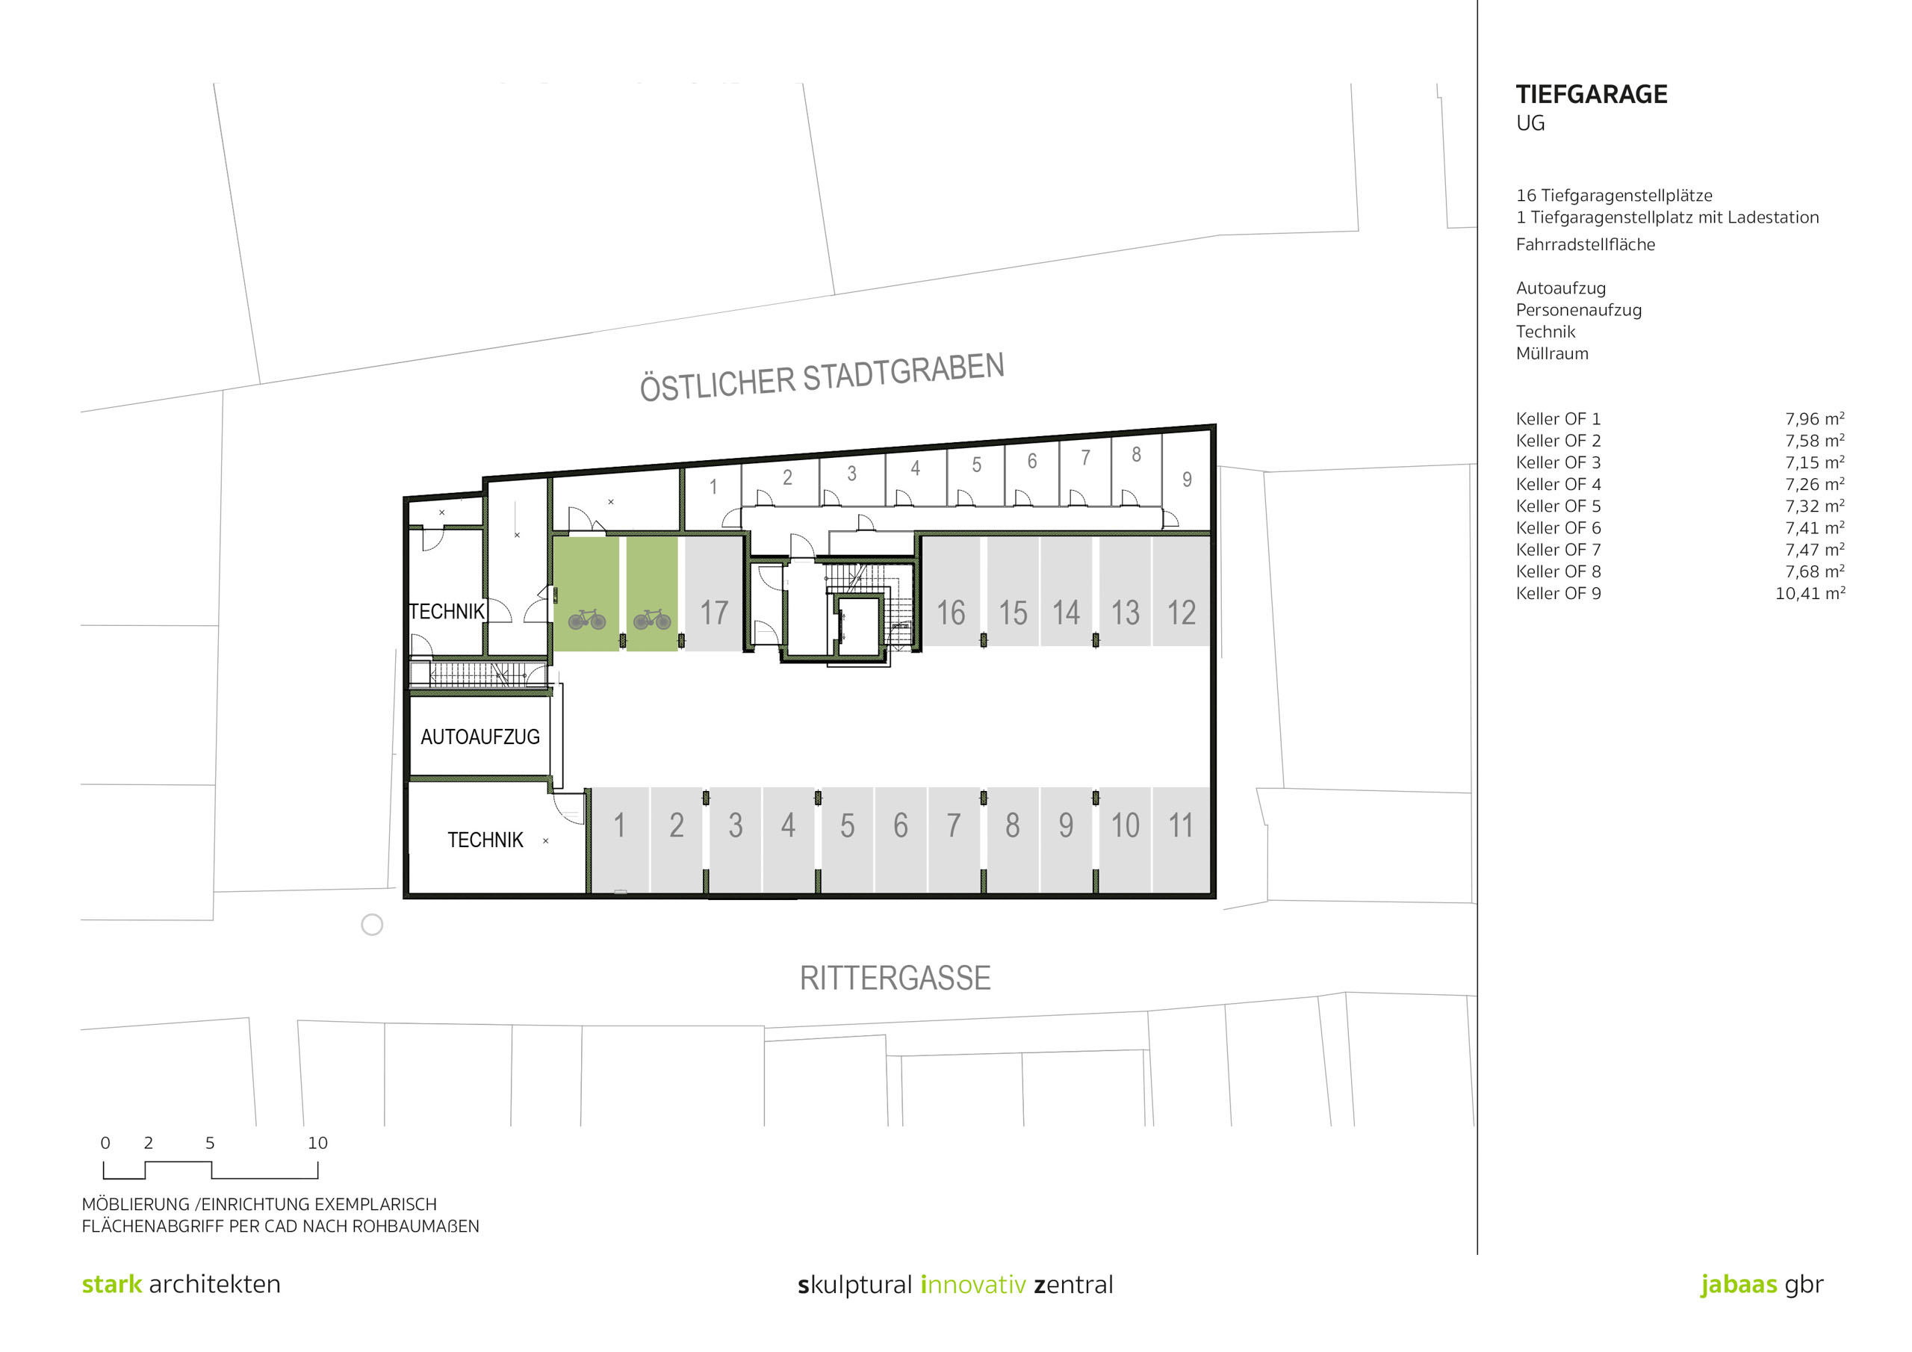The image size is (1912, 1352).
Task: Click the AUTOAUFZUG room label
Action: (x=479, y=737)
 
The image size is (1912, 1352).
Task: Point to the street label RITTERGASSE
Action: (x=896, y=978)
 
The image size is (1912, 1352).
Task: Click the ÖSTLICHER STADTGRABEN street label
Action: (x=822, y=377)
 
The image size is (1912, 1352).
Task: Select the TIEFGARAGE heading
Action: (x=1592, y=95)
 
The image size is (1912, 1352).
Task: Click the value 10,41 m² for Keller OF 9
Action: (x=1810, y=594)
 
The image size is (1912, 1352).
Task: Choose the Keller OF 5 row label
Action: (x=1558, y=506)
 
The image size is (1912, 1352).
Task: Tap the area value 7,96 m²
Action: (x=1815, y=419)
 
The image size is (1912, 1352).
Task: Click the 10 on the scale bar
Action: (x=317, y=1143)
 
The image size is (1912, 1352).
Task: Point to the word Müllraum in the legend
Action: (x=1552, y=353)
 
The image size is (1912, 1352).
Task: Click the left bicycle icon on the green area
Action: (x=586, y=619)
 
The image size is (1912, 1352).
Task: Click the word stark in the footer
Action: (x=111, y=1284)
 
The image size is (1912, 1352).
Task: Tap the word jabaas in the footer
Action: (x=1739, y=1284)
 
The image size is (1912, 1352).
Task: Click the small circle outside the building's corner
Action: (x=371, y=925)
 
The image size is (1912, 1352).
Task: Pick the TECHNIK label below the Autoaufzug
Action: (x=485, y=840)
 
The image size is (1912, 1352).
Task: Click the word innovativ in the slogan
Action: (x=972, y=1285)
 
